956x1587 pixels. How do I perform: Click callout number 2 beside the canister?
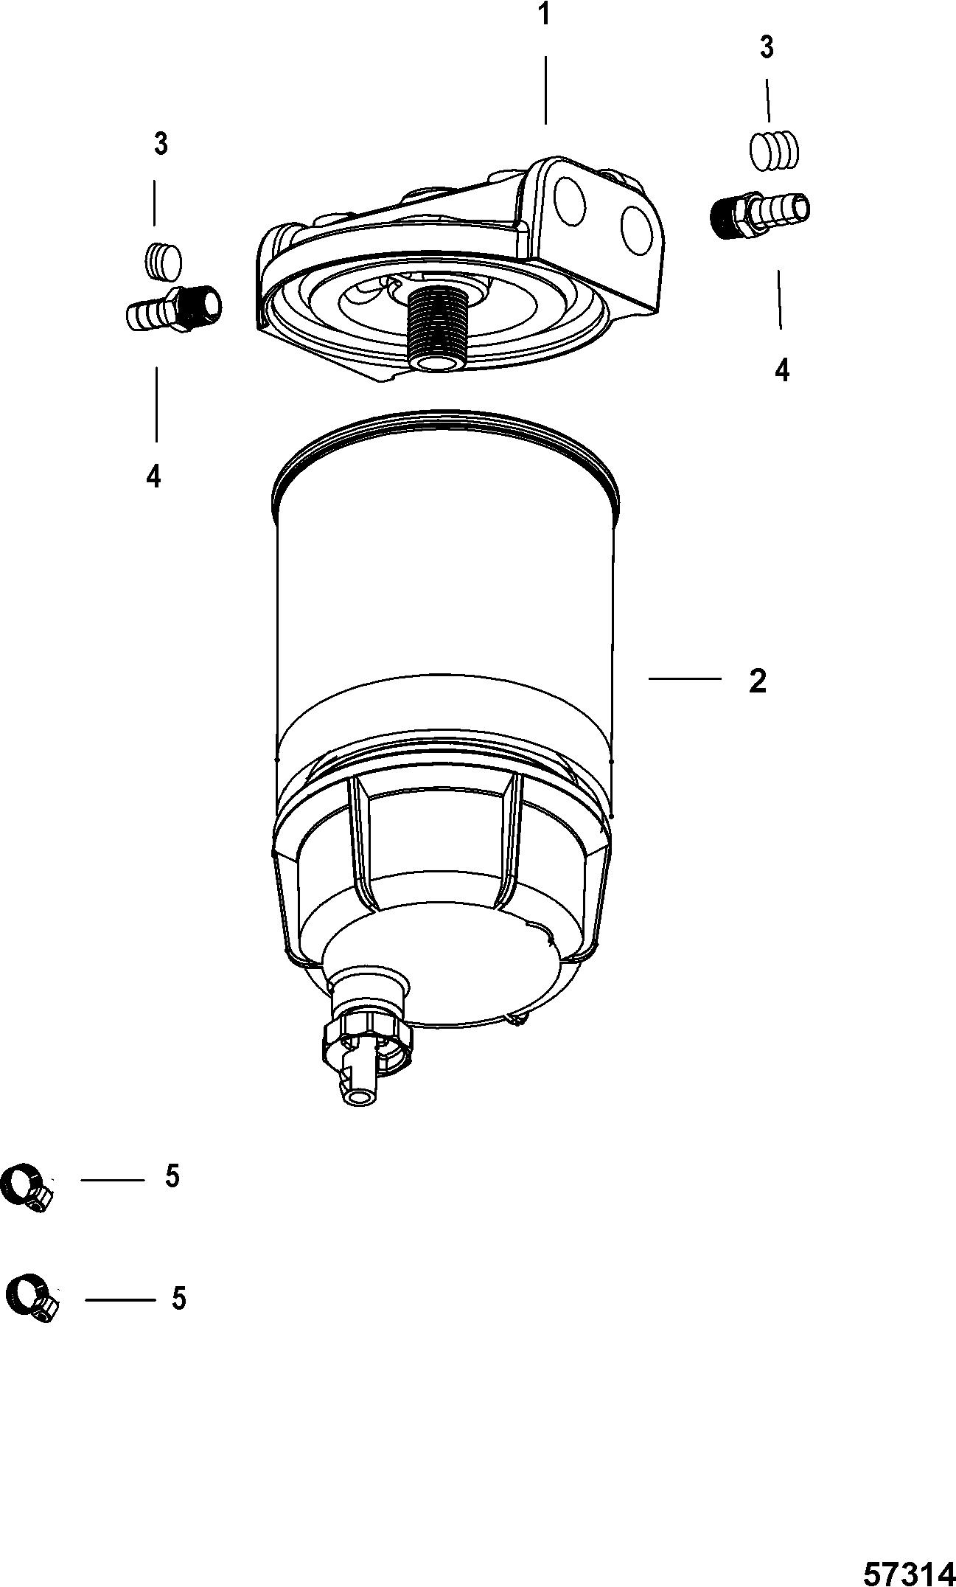pyautogui.click(x=757, y=681)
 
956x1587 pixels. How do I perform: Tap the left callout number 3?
pyautogui.click(x=161, y=144)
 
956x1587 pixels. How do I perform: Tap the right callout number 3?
pyautogui.click(x=767, y=48)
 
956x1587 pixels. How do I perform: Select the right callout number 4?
pyautogui.click(x=782, y=369)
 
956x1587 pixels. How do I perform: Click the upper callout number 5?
pyautogui.click(x=172, y=1176)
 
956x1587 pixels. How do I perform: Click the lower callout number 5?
pyautogui.click(x=178, y=1298)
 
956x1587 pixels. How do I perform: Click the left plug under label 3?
pyautogui.click(x=162, y=261)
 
